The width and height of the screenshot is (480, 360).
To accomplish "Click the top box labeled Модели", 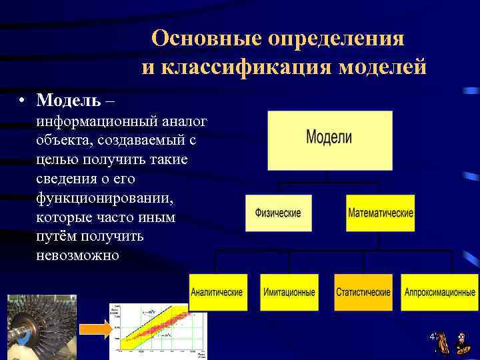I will coord(329,140).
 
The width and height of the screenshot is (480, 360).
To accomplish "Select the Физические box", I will coord(278,213).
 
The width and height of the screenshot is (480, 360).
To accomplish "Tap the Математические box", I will coord(380,213).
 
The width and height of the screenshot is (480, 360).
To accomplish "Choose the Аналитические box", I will coord(217,292).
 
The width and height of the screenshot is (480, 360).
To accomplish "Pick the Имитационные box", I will coord(289,292).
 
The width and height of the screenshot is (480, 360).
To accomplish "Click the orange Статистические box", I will coord(363,292).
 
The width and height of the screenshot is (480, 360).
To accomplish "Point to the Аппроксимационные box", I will coord(440,292).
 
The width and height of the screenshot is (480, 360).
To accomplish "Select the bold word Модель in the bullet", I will coord(69,100).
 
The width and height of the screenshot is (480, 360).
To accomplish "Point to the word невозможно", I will coord(78,256).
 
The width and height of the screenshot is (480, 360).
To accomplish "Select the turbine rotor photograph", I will coord(41,327).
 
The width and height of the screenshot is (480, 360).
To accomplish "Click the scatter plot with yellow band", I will coord(157,331).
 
